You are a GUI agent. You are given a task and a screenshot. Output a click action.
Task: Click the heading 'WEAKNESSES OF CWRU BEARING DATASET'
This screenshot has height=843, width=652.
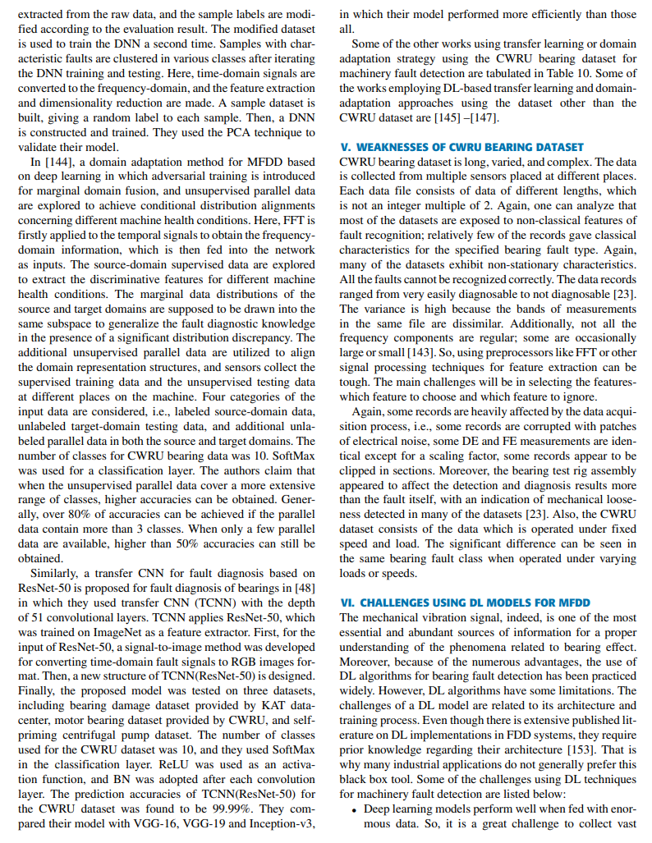461,147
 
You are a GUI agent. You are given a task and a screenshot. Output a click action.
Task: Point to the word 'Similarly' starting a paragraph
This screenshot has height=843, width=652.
57,573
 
